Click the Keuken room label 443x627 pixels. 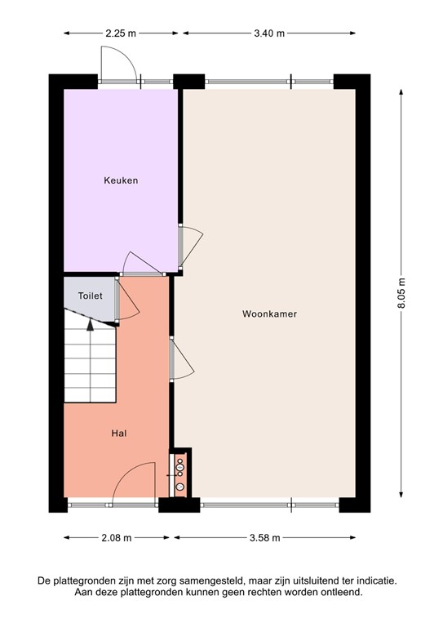click(120, 180)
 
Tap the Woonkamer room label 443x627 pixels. click(268, 313)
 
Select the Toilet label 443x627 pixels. click(90, 296)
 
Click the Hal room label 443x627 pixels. click(118, 434)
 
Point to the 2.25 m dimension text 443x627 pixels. click(120, 33)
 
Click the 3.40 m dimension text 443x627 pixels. click(269, 33)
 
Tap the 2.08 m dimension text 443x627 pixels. click(117, 538)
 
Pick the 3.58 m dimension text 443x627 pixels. click(265, 538)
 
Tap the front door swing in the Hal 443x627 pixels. click(134, 482)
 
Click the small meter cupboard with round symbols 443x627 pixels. click(179, 474)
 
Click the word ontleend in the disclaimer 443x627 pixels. click(342, 592)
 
